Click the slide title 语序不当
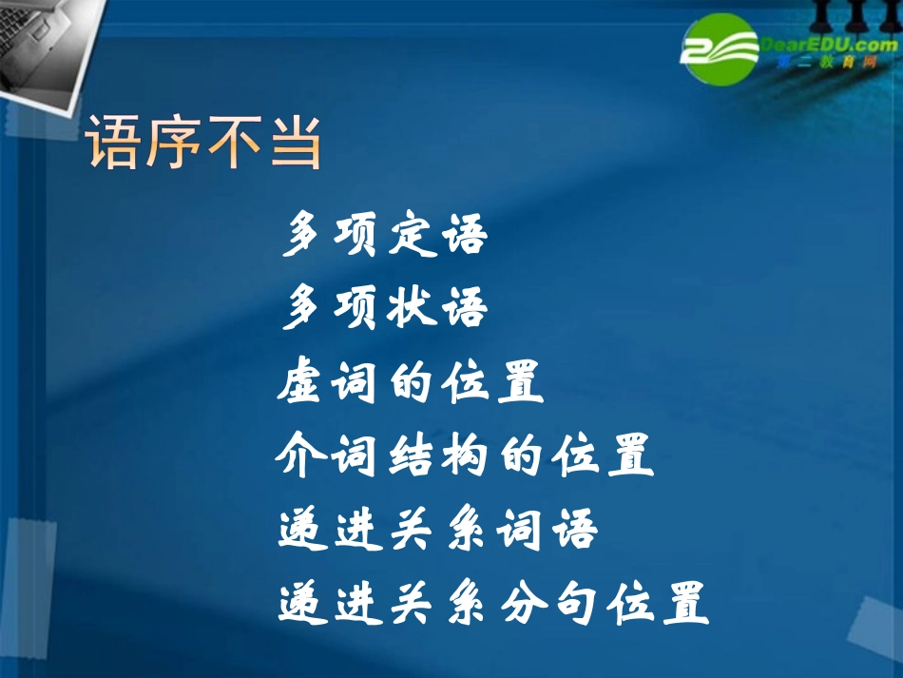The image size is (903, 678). pyautogui.click(x=204, y=143)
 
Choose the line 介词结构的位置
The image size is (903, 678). pyautogui.click(x=465, y=456)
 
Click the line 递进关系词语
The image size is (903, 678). pyautogui.click(x=438, y=530)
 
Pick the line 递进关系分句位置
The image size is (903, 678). pyautogui.click(x=493, y=602)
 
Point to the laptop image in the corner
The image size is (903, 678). pyautogui.click(x=43, y=43)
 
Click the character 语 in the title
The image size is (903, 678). pyautogui.click(x=114, y=143)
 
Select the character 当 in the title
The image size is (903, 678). pyautogui.click(x=295, y=143)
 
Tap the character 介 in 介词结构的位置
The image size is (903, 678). pyautogui.click(x=301, y=456)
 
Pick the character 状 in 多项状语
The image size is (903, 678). pyautogui.click(x=412, y=309)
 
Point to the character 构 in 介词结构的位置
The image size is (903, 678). pyautogui.click(x=519, y=456)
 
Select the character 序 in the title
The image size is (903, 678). pyautogui.click(x=174, y=143)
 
